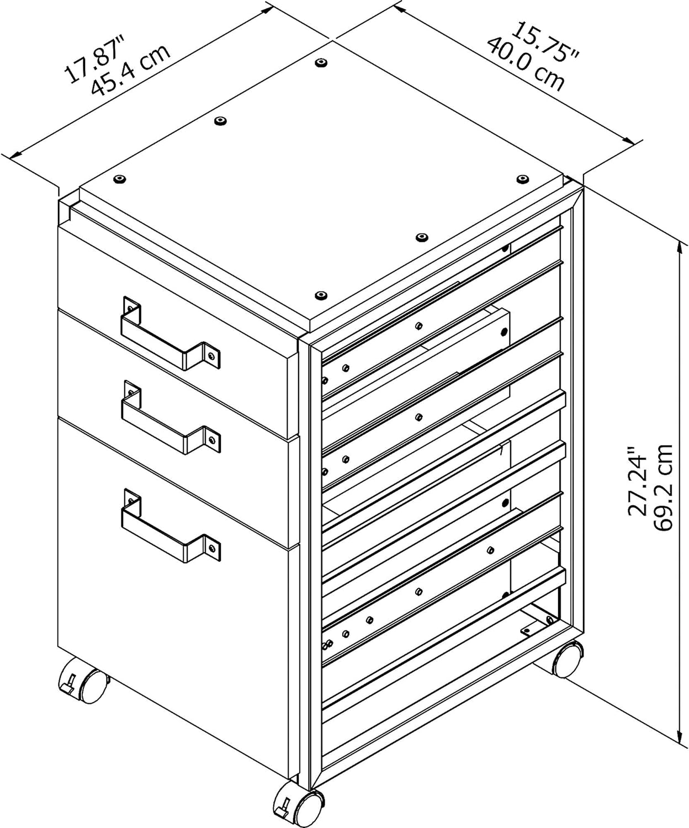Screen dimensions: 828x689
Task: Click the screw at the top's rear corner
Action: point(320,63)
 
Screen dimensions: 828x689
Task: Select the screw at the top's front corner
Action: point(320,295)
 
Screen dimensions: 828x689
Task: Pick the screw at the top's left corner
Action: point(119,179)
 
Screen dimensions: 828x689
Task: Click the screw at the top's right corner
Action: point(521,179)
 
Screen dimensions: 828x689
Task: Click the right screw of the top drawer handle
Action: point(211,356)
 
